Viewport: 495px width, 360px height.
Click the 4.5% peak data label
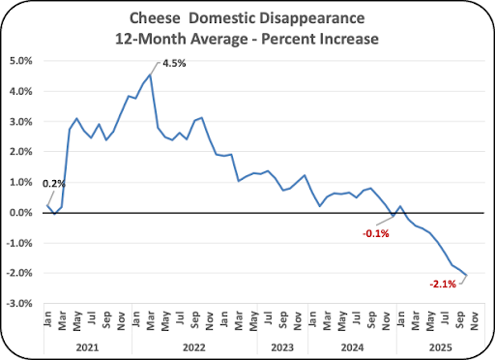(174, 63)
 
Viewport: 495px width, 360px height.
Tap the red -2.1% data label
(443, 285)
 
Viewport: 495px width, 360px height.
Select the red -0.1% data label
(376, 233)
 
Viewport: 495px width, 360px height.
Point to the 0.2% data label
(54, 184)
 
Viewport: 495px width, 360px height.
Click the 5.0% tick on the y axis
(21, 61)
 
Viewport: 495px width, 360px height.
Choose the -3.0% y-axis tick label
(19, 304)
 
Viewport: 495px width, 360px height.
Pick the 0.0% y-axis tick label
(21, 213)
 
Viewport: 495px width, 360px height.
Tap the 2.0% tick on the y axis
(21, 152)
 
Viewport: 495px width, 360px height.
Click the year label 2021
(87, 347)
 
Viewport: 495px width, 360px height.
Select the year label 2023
(282, 347)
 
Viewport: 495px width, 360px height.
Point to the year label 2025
(441, 347)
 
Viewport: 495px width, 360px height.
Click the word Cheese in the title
(155, 18)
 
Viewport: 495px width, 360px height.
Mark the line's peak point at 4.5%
(150, 75)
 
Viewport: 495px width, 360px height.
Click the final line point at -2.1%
(466, 275)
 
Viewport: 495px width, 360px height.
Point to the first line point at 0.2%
(47, 205)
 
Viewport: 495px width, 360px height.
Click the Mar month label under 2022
(151, 320)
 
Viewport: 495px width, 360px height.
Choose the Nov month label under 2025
(474, 321)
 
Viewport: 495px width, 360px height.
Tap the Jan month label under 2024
(312, 319)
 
